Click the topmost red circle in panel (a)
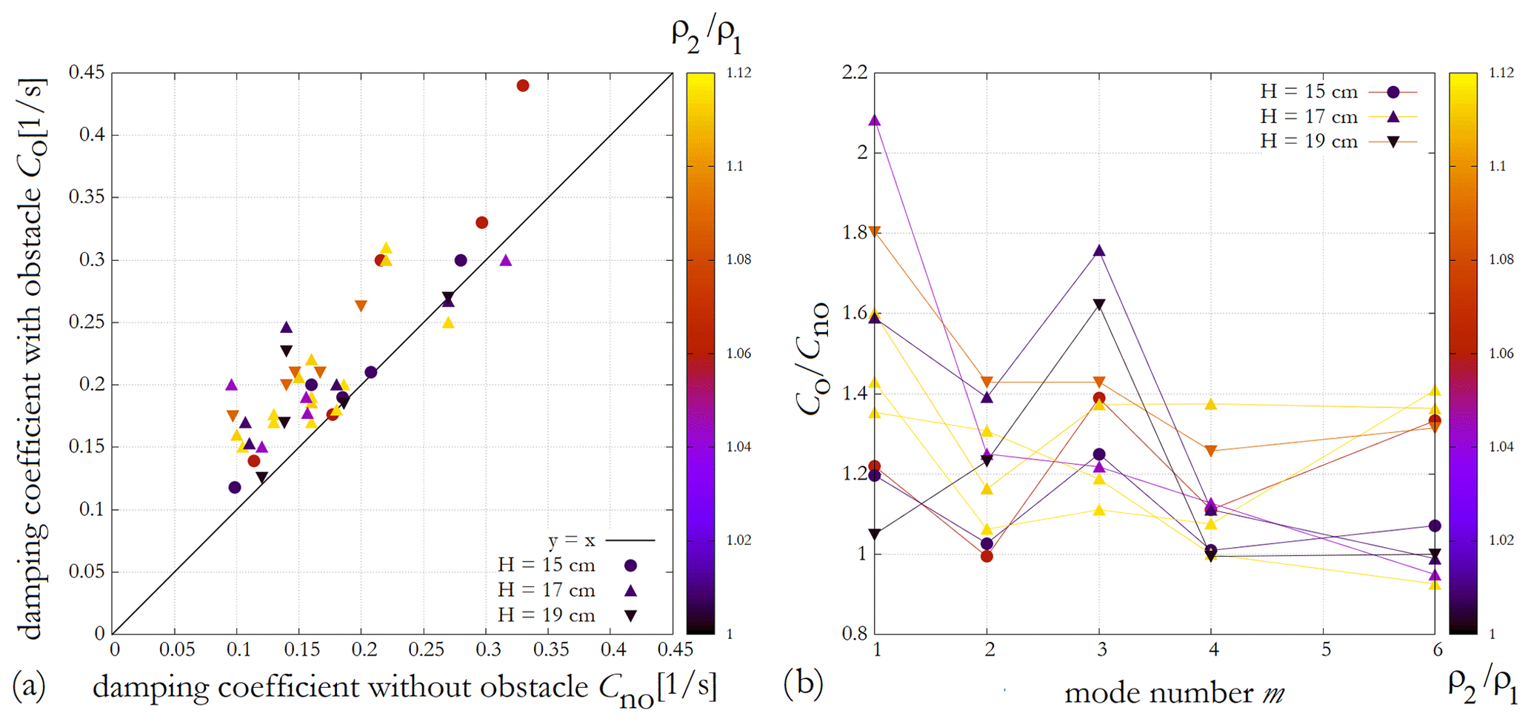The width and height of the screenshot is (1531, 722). [x=523, y=86]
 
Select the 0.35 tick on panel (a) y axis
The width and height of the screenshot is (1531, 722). [x=86, y=197]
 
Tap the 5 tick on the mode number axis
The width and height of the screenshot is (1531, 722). [x=1325, y=650]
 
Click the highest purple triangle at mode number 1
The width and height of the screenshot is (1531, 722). [x=875, y=121]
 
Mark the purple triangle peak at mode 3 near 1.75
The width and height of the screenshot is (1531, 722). [x=1099, y=251]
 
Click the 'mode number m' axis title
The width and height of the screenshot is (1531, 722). [x=1174, y=693]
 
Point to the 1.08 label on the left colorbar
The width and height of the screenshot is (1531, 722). [x=738, y=259]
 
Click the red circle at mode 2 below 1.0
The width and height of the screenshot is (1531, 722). [x=987, y=556]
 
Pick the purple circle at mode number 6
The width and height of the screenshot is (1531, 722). [x=1435, y=526]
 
